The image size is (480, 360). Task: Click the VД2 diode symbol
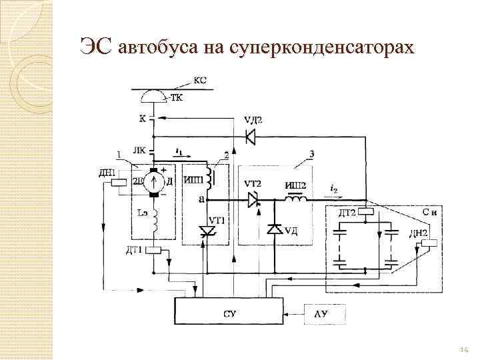point(251,137)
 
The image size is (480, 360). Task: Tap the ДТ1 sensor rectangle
point(154,250)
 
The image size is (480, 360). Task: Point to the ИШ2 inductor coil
point(296,198)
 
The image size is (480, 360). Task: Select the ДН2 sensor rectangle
point(429,243)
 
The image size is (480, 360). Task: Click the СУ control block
point(229,311)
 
